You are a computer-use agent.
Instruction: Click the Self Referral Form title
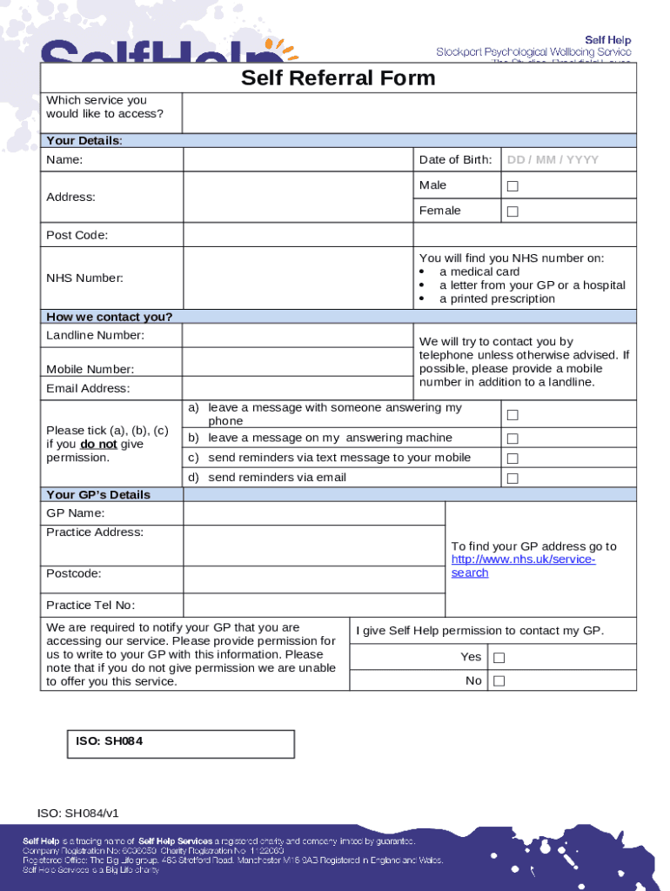[x=338, y=78]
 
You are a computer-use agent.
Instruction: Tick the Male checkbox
[x=513, y=186]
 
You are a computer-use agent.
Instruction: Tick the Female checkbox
[x=513, y=211]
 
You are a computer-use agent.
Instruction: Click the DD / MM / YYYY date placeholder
[x=553, y=160]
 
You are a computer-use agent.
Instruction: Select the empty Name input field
[x=298, y=160]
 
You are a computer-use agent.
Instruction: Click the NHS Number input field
[x=298, y=278]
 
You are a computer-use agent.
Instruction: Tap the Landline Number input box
[x=298, y=336]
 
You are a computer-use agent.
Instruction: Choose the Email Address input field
[x=298, y=388]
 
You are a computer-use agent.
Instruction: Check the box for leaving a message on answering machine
[x=513, y=439]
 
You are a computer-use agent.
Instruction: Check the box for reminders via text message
[x=513, y=459]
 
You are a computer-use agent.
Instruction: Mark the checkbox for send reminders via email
[x=513, y=479]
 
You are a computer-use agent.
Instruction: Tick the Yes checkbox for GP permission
[x=499, y=658]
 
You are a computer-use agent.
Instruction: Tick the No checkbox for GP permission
[x=499, y=681]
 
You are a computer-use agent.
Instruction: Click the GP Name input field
[x=313, y=513]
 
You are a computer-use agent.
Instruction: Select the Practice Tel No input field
[x=313, y=606]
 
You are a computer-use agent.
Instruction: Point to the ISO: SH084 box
[x=181, y=744]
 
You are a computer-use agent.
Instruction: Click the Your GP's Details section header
[x=98, y=494]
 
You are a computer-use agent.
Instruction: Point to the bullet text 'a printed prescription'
[x=496, y=299]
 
